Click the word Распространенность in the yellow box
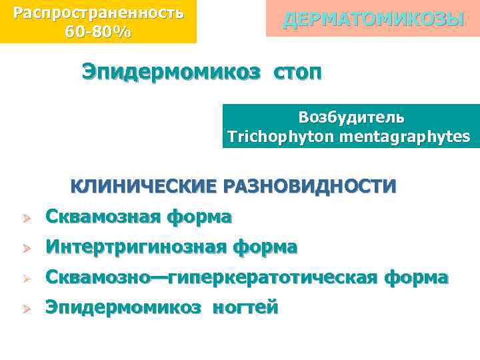pyautogui.click(x=99, y=13)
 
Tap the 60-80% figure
pyautogui.click(x=98, y=31)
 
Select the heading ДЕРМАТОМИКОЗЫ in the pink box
pyautogui.click(x=373, y=19)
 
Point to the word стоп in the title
pyautogui.click(x=296, y=71)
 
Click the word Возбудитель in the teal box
pyautogui.click(x=351, y=117)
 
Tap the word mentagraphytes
pyautogui.click(x=404, y=137)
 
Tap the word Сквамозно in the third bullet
pyautogui.click(x=99, y=277)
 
